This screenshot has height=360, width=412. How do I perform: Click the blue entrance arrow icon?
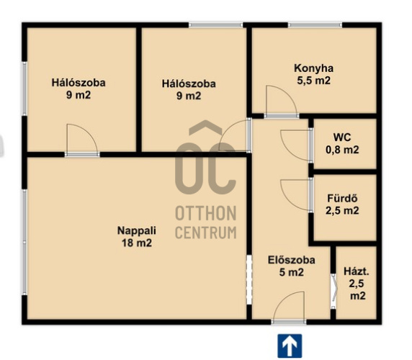click(290, 346)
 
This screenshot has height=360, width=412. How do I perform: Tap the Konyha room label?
click(314, 68)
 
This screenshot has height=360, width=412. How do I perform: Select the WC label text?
click(342, 138)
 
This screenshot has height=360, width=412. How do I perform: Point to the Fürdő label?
click(342, 198)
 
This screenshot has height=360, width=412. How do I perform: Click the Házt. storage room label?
click(357, 271)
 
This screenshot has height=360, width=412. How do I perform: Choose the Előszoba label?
click(292, 260)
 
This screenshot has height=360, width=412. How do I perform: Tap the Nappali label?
click(137, 230)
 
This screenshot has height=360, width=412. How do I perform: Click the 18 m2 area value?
click(137, 243)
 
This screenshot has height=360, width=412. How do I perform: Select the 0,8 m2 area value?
click(342, 150)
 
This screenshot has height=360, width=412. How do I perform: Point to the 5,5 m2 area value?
click(314, 81)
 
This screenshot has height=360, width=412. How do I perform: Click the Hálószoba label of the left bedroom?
click(79, 83)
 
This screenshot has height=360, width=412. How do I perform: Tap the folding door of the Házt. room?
click(333, 292)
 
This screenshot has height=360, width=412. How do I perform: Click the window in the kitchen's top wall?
click(315, 25)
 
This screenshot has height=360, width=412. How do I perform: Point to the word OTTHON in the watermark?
click(206, 213)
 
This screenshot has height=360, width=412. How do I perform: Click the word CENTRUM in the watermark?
click(206, 233)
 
